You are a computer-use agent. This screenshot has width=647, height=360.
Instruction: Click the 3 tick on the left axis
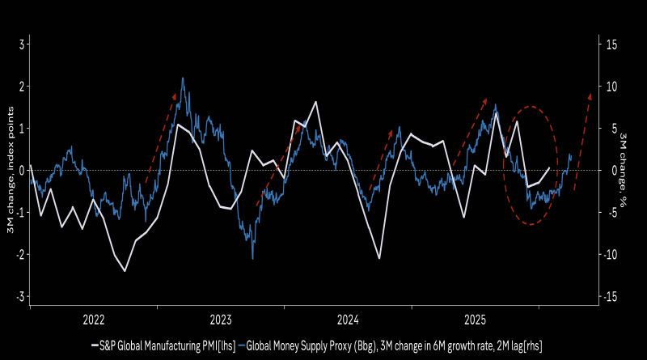[21, 44]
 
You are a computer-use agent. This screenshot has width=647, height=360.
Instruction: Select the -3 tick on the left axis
[19, 296]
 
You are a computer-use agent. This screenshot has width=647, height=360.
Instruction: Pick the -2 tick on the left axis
[19, 254]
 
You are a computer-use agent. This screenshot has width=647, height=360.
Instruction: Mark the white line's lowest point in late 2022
[125, 270]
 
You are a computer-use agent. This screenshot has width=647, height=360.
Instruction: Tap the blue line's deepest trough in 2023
[252, 258]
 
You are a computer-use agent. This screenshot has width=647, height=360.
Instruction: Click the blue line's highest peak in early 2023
[183, 78]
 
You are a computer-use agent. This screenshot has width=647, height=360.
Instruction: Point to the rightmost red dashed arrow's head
[590, 94]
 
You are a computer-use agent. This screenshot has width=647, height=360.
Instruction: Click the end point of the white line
[549, 168]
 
